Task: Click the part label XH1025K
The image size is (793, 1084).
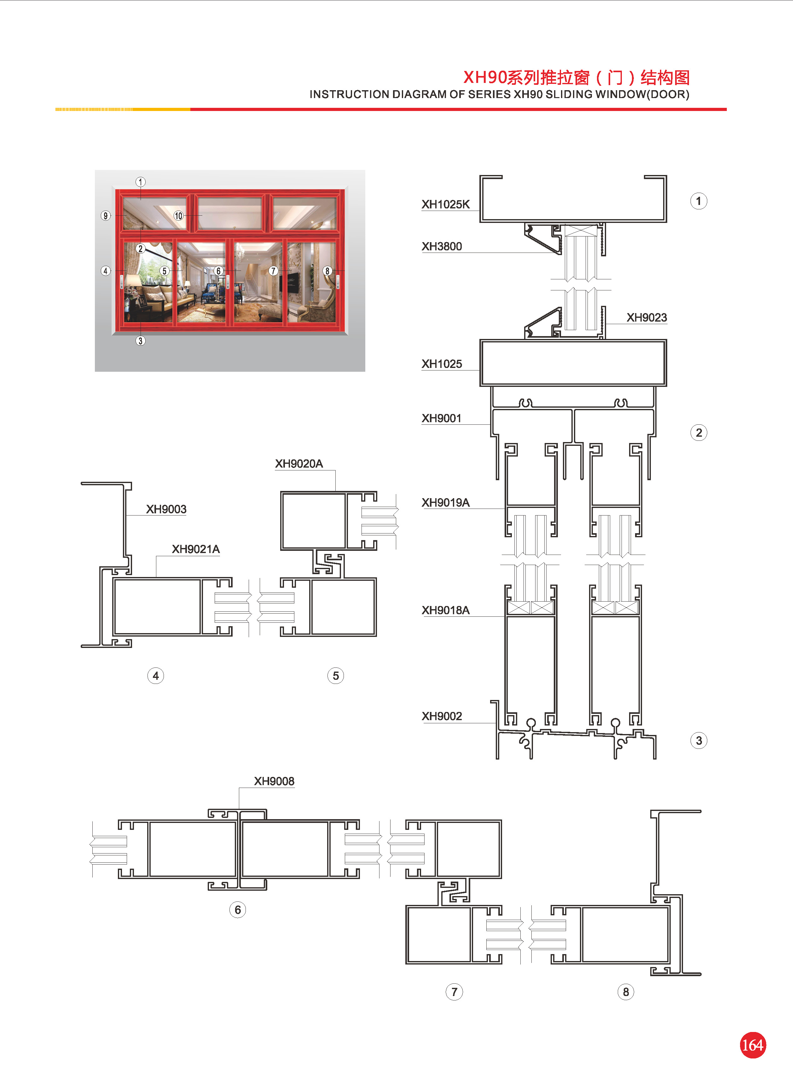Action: [x=445, y=205]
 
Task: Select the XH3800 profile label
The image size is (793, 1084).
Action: [x=442, y=246]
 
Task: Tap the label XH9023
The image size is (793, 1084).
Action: [x=646, y=317]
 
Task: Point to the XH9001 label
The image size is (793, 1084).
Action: [x=441, y=418]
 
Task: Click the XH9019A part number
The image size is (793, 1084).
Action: [x=445, y=503]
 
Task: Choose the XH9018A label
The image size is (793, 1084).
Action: [x=445, y=610]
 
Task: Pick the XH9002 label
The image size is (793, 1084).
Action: [x=442, y=716]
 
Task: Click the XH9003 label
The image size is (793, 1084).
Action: [x=166, y=509]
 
